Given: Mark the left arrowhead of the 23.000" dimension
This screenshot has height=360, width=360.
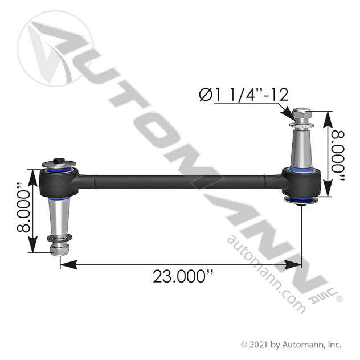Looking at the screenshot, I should point(63,264).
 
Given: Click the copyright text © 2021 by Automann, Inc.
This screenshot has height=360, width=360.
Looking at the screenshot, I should point(291,344).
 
